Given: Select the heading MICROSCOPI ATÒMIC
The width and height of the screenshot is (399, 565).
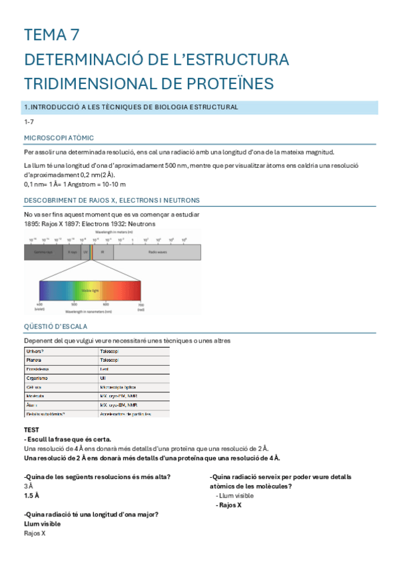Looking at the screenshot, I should pos(59,137).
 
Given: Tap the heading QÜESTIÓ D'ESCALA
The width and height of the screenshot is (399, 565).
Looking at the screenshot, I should pos(55,326).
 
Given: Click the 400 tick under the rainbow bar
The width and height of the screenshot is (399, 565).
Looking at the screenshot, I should pos(39,304).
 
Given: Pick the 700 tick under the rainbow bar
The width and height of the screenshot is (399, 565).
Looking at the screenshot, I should pos(141,304).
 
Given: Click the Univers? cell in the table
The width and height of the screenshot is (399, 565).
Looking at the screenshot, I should pos(35,350).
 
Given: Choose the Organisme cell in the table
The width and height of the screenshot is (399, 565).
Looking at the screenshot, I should pos(37,377).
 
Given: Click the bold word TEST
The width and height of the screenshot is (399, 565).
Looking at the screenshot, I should pos(31,430).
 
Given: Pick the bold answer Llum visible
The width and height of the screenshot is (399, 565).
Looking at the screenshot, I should pos(42,524).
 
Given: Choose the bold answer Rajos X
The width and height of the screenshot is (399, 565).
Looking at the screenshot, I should pos(229,505).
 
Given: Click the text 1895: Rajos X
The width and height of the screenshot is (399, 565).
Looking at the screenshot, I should pos(45,224).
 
